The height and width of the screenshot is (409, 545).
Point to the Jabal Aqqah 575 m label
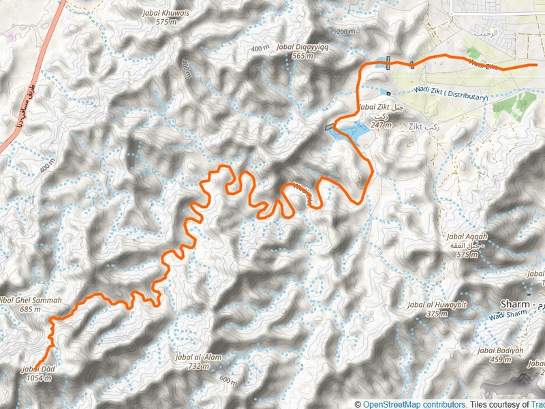[x=466, y=249]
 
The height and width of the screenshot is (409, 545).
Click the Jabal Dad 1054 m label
[x=38, y=374]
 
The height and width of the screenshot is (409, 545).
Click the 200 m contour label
[x=346, y=32]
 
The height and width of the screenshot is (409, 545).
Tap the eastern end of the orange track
[x=537, y=65]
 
